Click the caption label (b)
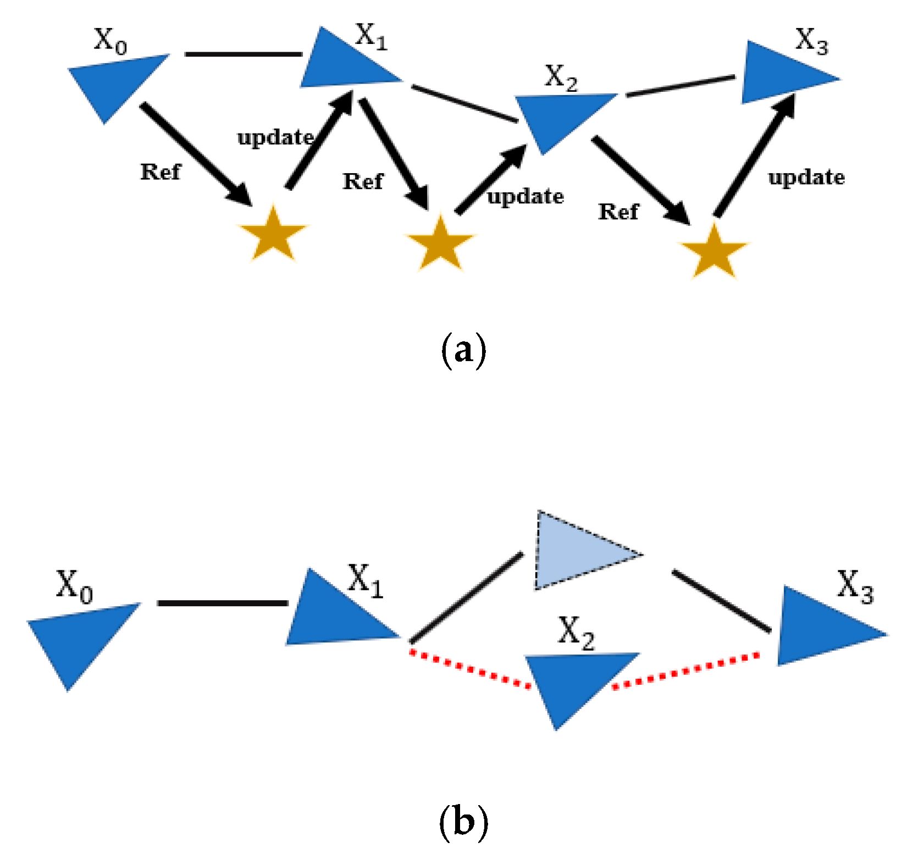point(463,823)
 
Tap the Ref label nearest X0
point(161,172)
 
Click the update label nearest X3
point(806,178)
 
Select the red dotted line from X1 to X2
point(471,668)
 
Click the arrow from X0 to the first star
point(196,154)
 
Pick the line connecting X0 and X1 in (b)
point(223,603)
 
